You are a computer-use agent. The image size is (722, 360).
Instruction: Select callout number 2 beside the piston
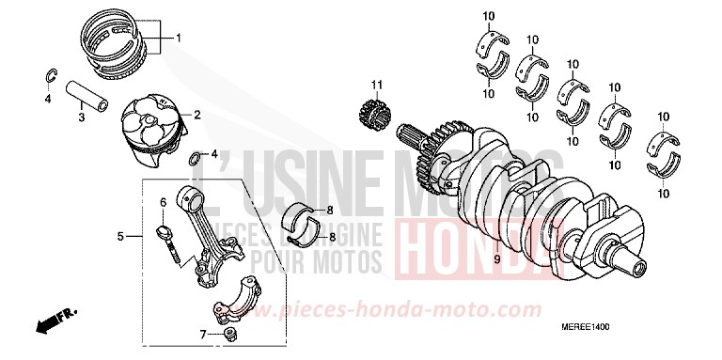pos(197,115)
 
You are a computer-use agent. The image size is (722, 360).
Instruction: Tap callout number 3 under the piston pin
pos(81,117)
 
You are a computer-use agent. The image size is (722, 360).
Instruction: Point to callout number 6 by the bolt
pos(162,202)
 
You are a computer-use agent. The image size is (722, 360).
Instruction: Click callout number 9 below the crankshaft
pos(496,257)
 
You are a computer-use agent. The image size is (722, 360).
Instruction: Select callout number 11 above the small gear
pos(376,86)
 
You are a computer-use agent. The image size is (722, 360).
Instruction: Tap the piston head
pos(154,121)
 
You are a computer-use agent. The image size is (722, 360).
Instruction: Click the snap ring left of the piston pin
pos(50,76)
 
